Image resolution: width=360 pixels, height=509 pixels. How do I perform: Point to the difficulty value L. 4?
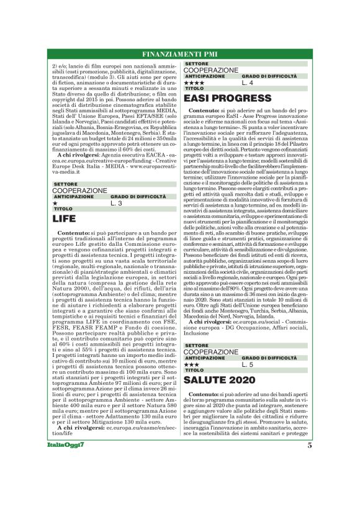pyautogui.click(x=248, y=82)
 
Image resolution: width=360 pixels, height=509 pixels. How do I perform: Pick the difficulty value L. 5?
pyautogui.click(x=248, y=364)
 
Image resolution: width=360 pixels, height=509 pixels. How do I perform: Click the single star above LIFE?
pyautogui.click(x=55, y=203)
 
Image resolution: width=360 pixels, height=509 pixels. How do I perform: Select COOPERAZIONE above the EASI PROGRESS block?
pyautogui.click(x=211, y=70)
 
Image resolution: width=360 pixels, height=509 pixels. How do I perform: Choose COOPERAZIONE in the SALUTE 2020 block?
pyautogui.click(x=211, y=352)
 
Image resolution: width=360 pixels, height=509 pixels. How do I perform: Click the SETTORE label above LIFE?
pyautogui.click(x=65, y=184)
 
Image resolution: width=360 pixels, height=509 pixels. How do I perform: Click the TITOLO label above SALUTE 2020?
pyautogui.click(x=191, y=370)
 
